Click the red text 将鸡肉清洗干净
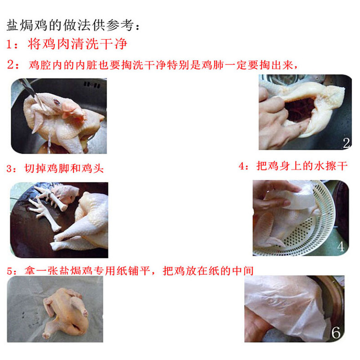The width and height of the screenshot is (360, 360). pyautogui.click(x=77, y=44)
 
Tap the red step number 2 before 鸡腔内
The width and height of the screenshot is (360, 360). pyautogui.click(x=10, y=65)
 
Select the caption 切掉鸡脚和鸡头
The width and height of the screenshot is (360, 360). pyautogui.click(x=64, y=168)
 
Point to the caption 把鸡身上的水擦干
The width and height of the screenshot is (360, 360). pyautogui.click(x=302, y=166)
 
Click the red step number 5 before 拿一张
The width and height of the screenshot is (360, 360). pyautogui.click(x=10, y=272)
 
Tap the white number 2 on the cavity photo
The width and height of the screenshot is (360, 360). pyautogui.click(x=346, y=143)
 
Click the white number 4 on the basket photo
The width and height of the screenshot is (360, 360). pyautogui.click(x=341, y=247)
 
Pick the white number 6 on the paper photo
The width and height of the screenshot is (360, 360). pyautogui.click(x=336, y=333)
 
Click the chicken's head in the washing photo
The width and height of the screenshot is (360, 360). pyautogui.click(x=67, y=106)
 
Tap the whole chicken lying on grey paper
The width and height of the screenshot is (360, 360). pyautogui.click(x=67, y=312)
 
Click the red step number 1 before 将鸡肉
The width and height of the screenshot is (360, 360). pyautogui.click(x=9, y=44)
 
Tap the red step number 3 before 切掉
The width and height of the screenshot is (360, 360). pyautogui.click(x=10, y=169)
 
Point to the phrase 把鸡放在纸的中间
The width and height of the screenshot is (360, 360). pyautogui.click(x=208, y=271)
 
